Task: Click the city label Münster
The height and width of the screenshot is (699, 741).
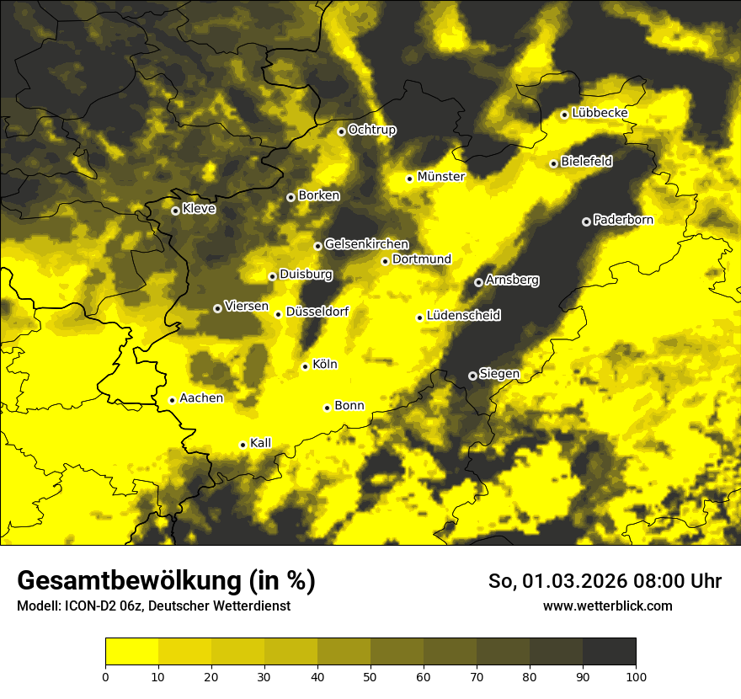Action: (440, 177)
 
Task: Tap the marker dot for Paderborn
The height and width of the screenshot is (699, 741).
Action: (586, 221)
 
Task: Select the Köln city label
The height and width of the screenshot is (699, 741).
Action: (324, 365)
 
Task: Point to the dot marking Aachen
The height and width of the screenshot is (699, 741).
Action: (172, 400)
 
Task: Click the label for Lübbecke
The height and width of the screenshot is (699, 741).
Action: (600, 113)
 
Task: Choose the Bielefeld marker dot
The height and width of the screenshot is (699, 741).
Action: (553, 163)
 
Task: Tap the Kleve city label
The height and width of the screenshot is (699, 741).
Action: (199, 209)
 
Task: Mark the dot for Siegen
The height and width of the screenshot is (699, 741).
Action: (472, 376)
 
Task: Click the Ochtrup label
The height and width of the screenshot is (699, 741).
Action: (371, 130)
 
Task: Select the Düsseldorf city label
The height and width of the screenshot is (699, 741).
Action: (317, 312)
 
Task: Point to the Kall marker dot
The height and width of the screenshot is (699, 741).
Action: (243, 445)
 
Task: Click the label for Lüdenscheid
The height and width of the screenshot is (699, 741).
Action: (463, 316)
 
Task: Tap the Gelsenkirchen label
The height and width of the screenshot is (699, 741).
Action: (366, 244)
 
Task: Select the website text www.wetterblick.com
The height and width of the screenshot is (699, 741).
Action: (607, 606)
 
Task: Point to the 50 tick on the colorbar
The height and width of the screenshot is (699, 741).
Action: (370, 675)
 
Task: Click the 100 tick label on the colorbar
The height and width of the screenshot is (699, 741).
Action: (636, 675)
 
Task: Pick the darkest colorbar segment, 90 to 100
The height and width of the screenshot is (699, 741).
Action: (609, 652)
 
